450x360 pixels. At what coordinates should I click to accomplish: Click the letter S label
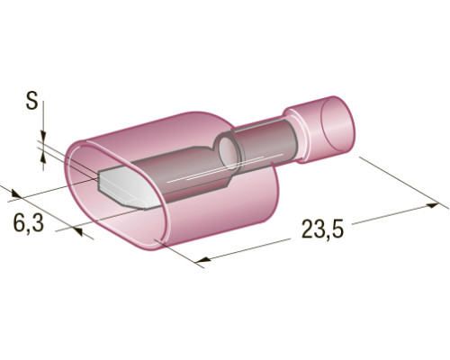(x=31, y=101)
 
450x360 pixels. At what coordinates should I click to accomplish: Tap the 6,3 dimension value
(x=29, y=223)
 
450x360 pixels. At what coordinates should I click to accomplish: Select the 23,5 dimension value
(x=322, y=229)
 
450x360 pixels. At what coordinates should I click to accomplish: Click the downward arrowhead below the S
(x=43, y=135)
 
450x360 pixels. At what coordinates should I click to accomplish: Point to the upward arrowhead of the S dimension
(x=43, y=157)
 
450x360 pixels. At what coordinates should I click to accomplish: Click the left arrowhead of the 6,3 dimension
(x=17, y=193)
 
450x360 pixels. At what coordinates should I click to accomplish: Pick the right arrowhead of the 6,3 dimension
(x=76, y=231)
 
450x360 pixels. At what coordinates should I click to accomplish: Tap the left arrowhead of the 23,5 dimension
(x=204, y=260)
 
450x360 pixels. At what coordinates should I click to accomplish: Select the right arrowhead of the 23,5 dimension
(x=432, y=205)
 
